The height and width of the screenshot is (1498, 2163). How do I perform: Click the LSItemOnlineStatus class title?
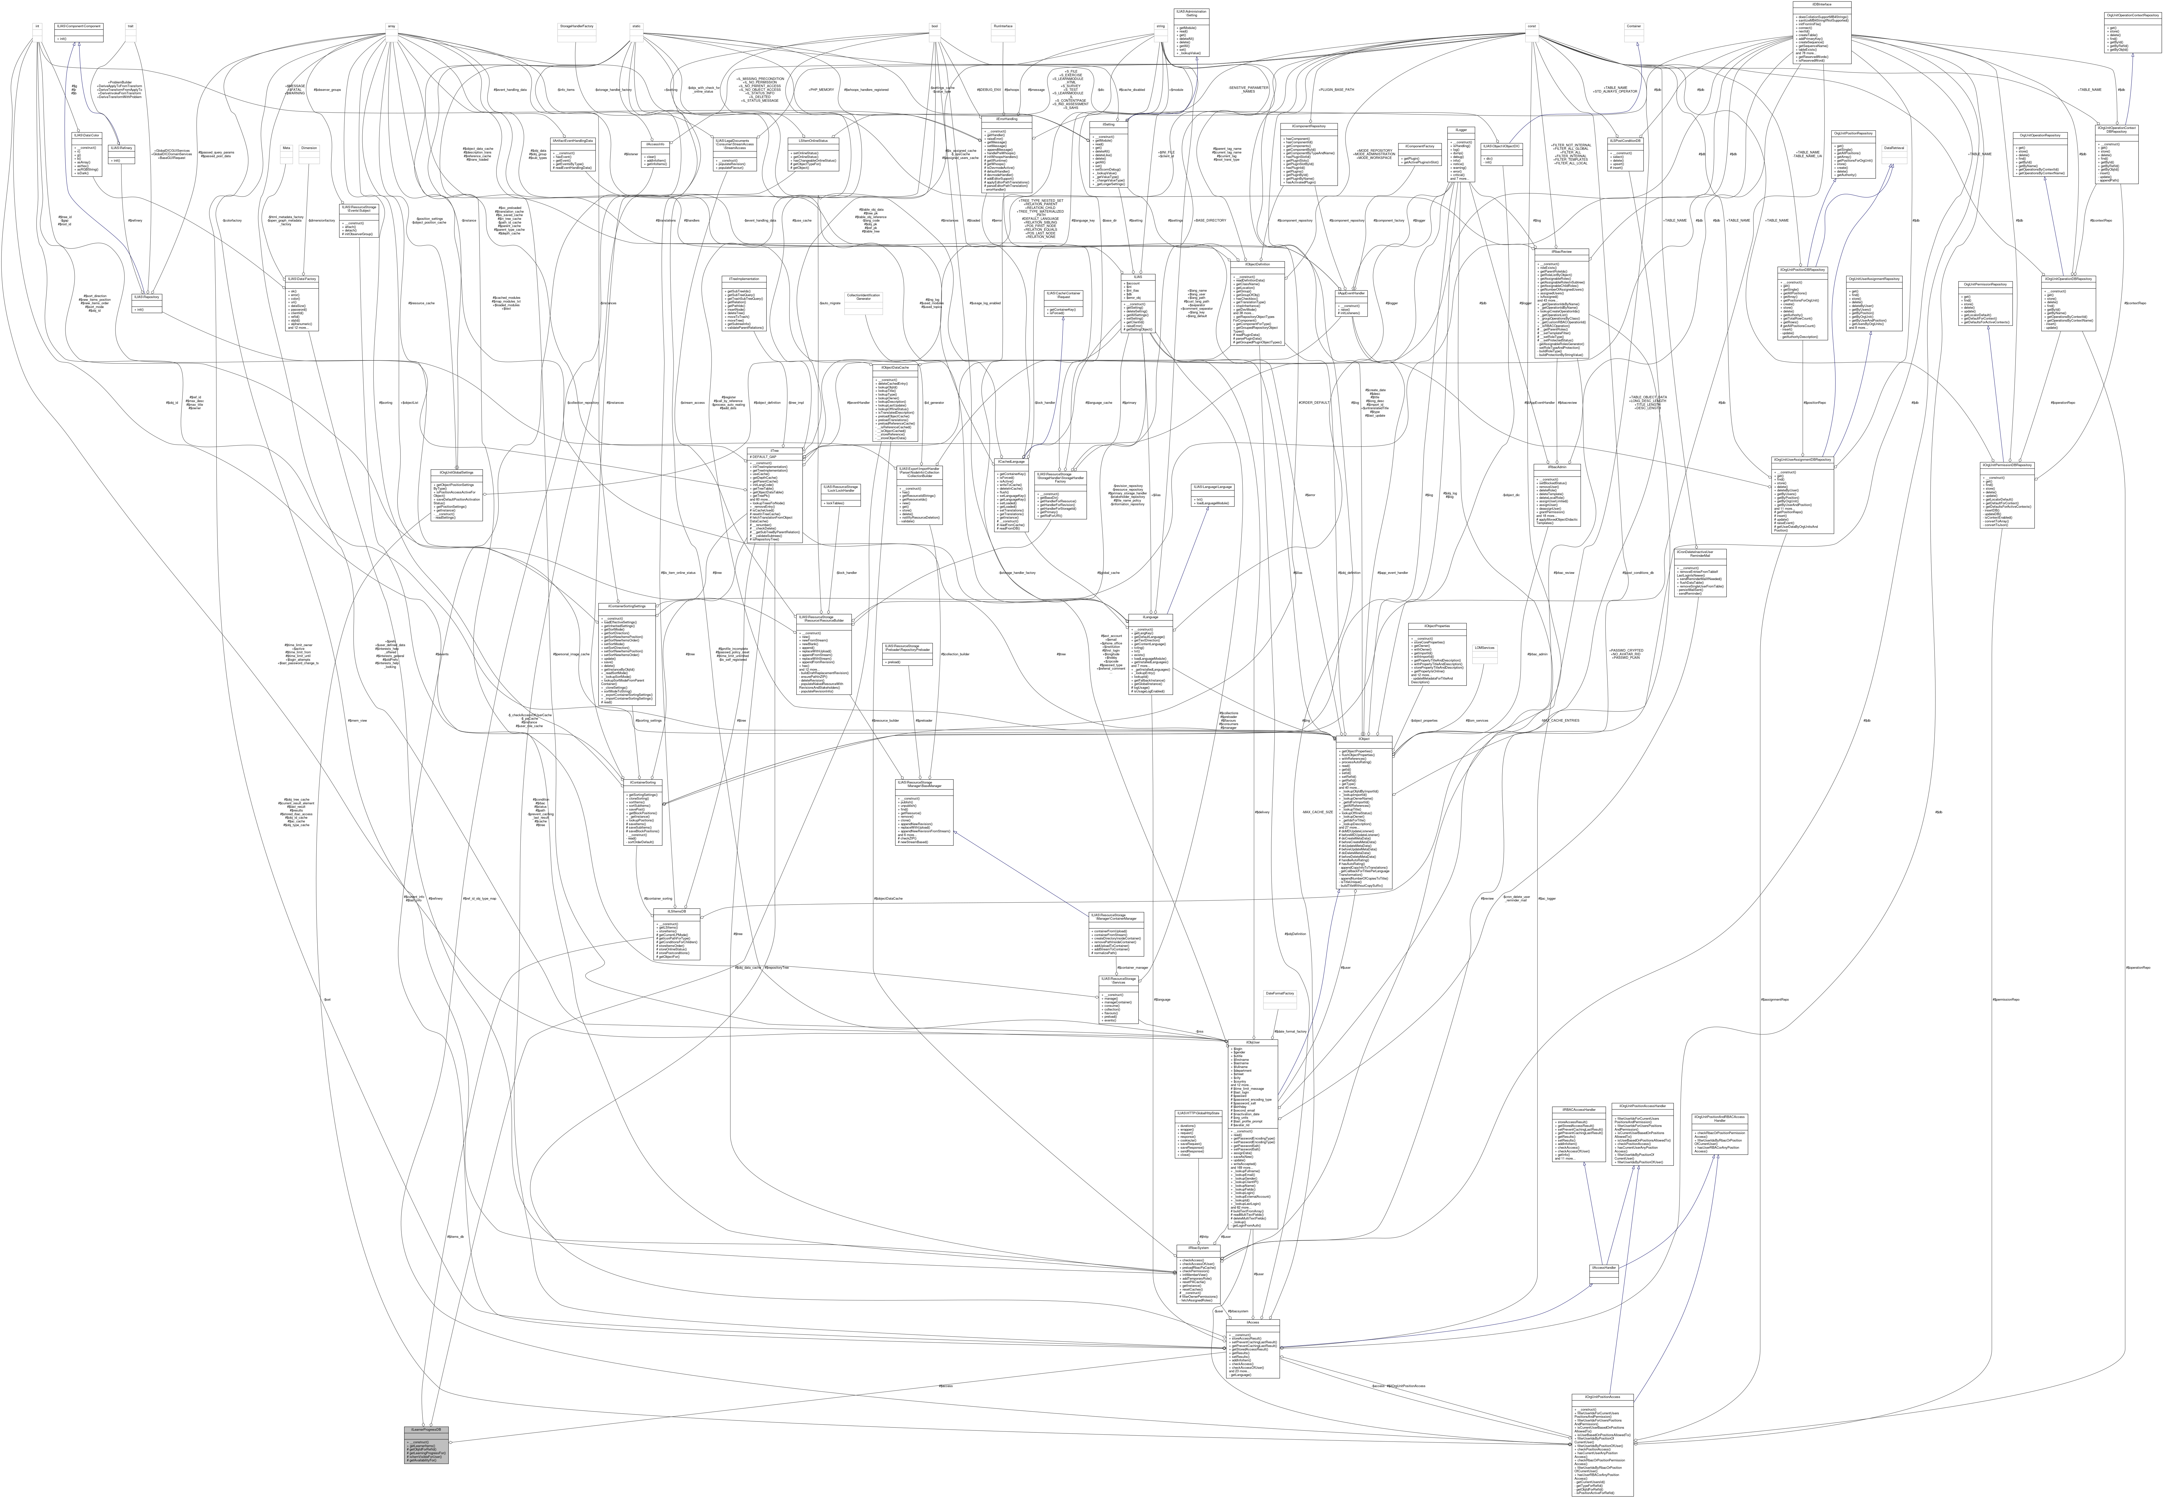(x=813, y=141)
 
